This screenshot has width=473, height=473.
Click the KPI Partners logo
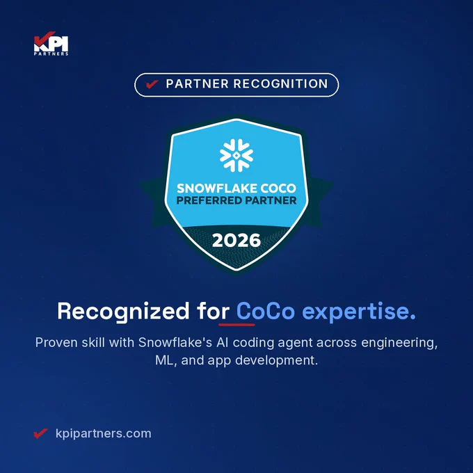pyautogui.click(x=51, y=43)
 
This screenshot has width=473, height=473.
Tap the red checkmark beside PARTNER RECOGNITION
pyautogui.click(x=152, y=84)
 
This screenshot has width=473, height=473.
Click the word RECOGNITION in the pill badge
pyautogui.click(x=280, y=84)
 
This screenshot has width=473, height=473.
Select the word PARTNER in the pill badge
pyautogui.click(x=198, y=84)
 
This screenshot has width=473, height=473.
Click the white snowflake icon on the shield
pyautogui.click(x=236, y=155)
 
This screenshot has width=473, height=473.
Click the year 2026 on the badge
pyautogui.click(x=236, y=241)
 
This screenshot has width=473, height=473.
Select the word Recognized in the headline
pyautogui.click(x=123, y=312)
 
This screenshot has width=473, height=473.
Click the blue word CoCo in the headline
pyautogui.click(x=266, y=311)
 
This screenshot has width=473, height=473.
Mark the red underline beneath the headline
pyautogui.click(x=236, y=325)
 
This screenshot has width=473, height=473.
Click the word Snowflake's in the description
pyautogui.click(x=175, y=343)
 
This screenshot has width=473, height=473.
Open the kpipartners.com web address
pyautogui.click(x=104, y=434)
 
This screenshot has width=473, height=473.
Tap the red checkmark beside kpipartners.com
pyautogui.click(x=40, y=433)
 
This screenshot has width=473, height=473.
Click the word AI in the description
pyautogui.click(x=223, y=343)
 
